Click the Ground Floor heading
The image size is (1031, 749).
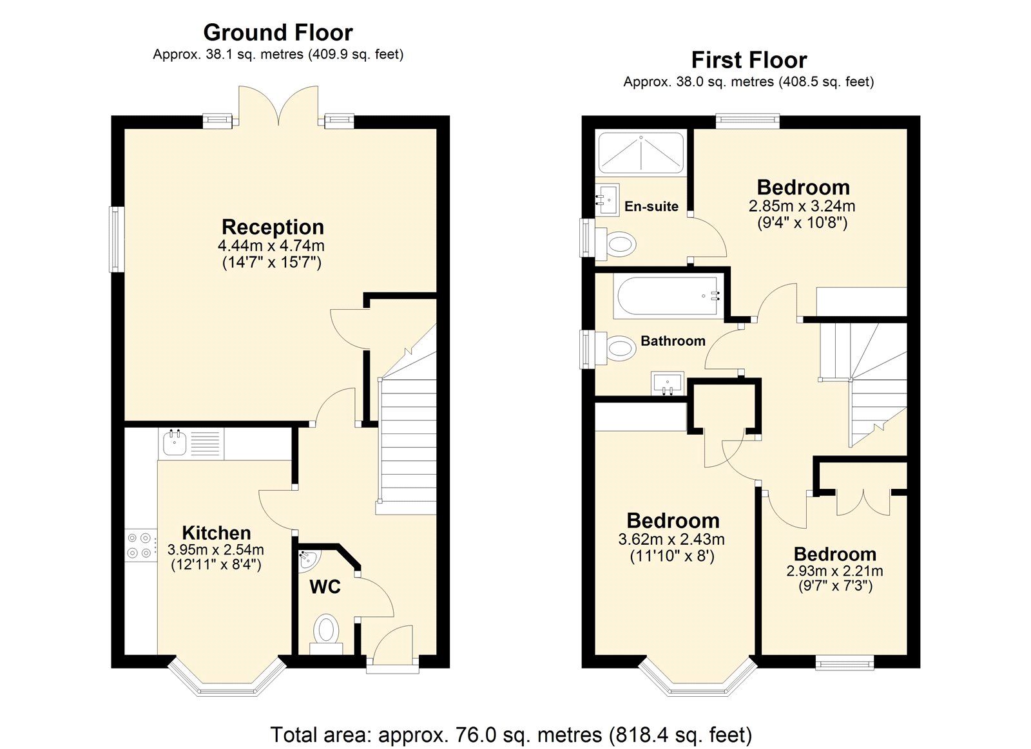[278, 32]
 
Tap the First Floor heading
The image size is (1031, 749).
[749, 60]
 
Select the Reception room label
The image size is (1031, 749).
[273, 227]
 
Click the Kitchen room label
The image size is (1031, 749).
[217, 533]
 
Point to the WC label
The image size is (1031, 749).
[325, 587]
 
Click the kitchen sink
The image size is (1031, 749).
[174, 443]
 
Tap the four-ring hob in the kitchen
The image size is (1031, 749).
[140, 544]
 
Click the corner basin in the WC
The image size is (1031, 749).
[308, 560]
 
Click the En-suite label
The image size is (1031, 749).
[651, 207]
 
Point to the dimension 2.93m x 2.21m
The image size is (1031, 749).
[834, 571]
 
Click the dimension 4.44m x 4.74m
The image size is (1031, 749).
[271, 246]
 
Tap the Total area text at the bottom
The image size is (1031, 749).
[511, 734]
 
